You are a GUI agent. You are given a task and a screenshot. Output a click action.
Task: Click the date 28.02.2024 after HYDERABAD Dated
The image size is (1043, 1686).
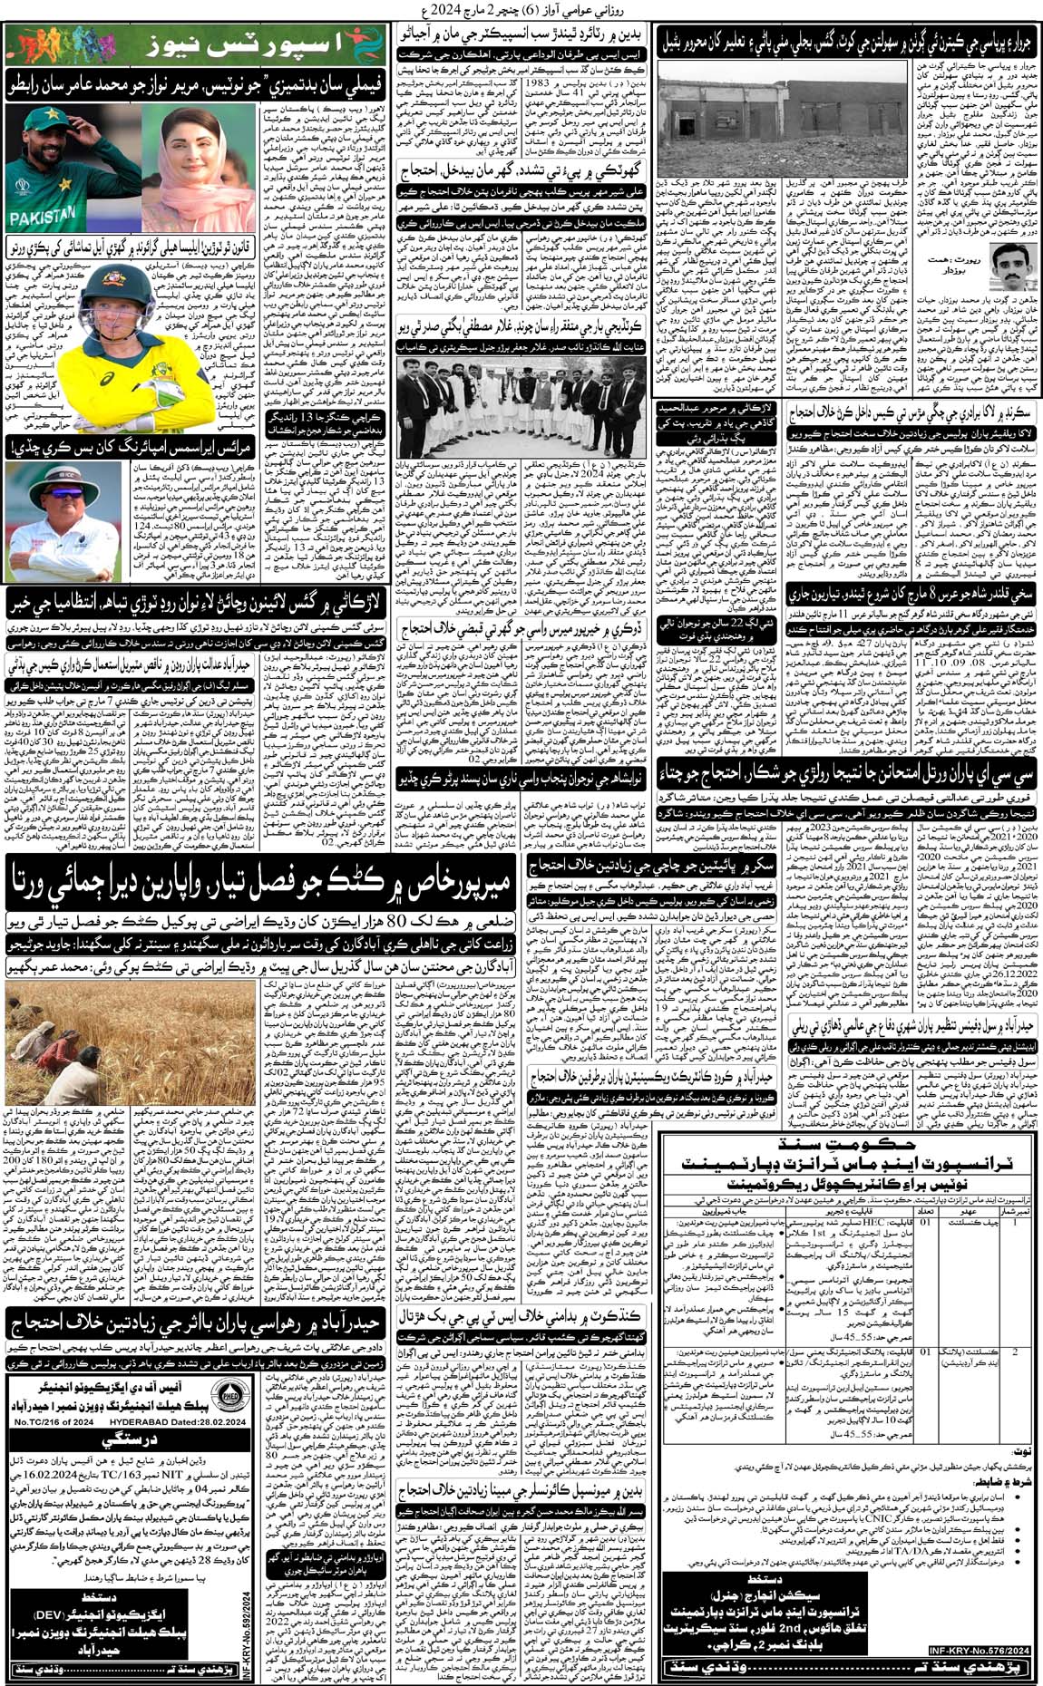(x=215, y=1422)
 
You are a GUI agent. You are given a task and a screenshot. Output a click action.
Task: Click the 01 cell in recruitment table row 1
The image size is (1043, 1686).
(x=925, y=1222)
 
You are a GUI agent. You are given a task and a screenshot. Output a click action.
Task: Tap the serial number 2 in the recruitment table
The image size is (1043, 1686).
(x=1016, y=1352)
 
